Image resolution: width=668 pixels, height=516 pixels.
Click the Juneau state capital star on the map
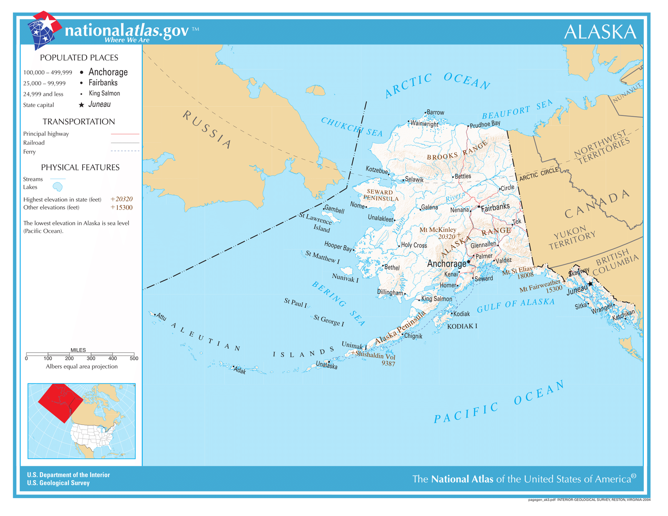coord(590,284)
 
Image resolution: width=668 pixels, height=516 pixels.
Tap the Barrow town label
coord(435,112)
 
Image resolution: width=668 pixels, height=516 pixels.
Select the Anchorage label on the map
coord(446,264)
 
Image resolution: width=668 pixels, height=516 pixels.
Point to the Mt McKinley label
coord(438,230)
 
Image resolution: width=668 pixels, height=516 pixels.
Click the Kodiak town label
coord(461,314)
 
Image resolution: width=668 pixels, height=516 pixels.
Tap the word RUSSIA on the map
coord(207,130)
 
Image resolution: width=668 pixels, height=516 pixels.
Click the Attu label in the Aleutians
coord(162,317)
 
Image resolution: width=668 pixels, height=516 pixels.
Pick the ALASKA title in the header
coord(600,32)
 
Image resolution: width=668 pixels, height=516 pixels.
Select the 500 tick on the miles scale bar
coord(134,358)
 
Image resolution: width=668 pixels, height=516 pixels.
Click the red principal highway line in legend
coord(125,134)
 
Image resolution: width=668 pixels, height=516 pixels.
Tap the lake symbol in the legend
coord(58,187)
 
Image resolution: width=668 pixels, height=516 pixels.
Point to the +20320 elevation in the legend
coord(121,199)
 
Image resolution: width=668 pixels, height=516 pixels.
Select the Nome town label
coord(357,205)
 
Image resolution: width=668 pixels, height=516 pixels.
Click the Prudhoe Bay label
coord(485,124)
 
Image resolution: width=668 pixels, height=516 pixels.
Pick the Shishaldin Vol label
coord(374,355)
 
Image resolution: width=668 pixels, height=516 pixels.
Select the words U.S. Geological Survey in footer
coord(58,483)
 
